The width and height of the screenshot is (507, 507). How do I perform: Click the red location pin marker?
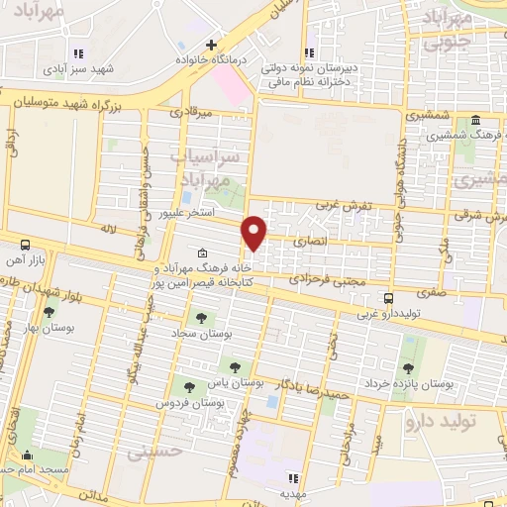pyautogui.click(x=254, y=232)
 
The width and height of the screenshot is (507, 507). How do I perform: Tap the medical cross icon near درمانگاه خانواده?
pyautogui.click(x=210, y=45)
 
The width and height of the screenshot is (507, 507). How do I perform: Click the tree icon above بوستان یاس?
pyautogui.click(x=235, y=367)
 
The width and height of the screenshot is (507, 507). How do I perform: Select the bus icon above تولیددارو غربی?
pyautogui.click(x=389, y=297)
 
